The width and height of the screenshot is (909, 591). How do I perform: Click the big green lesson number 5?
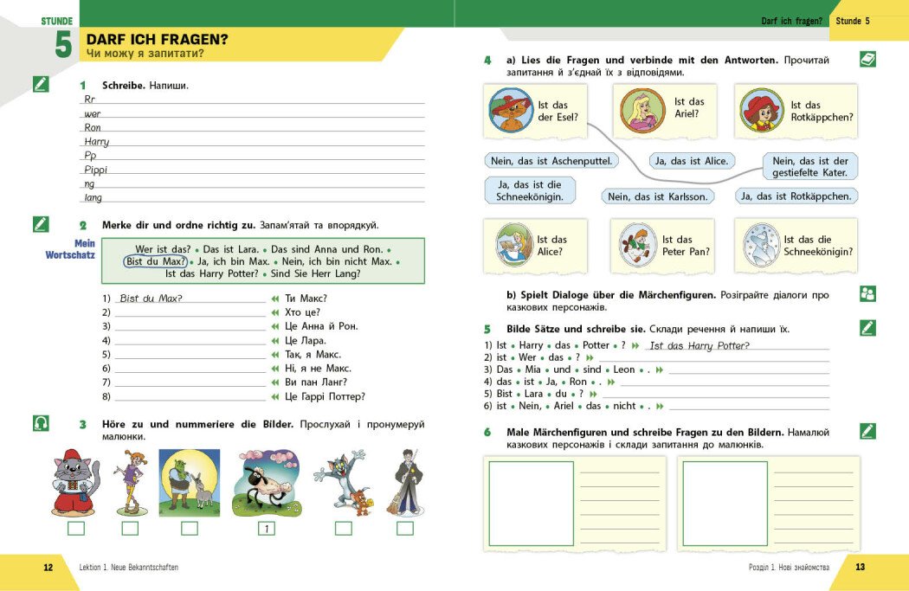[62, 44]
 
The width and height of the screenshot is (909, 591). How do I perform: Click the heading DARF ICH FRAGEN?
[157, 39]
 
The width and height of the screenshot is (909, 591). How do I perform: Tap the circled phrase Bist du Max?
[156, 261]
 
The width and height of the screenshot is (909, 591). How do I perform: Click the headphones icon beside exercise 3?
[41, 423]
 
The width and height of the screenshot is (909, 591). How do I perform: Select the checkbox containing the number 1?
[267, 528]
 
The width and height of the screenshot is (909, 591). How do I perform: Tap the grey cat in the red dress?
[76, 482]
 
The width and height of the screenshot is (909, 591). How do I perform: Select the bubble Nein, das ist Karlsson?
[657, 196]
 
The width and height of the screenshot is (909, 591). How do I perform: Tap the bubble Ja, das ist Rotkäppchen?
[796, 196]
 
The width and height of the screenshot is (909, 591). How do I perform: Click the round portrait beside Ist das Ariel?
[643, 111]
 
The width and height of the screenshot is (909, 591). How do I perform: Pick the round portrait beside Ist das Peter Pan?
[639, 245]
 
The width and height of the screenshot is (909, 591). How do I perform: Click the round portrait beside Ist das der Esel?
[511, 110]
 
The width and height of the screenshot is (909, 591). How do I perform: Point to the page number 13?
[860, 568]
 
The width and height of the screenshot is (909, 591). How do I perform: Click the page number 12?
[48, 568]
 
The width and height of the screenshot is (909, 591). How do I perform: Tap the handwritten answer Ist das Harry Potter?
[699, 346]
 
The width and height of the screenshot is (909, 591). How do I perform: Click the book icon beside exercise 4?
[867, 59]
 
